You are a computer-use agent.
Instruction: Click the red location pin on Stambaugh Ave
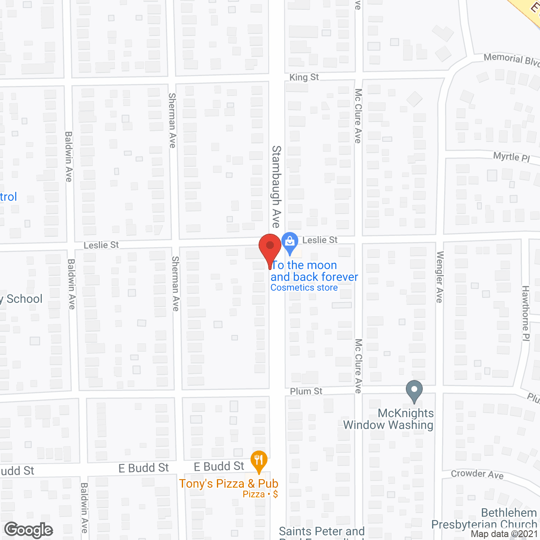270,247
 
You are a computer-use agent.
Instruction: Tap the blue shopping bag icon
290,242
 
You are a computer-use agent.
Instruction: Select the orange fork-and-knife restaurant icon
259,460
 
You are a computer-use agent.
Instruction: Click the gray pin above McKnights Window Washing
414,390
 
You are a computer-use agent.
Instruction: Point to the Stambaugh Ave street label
276,186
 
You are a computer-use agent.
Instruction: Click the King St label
304,77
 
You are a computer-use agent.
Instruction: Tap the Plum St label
306,391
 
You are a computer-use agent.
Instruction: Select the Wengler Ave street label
440,277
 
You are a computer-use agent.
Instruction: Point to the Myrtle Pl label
511,157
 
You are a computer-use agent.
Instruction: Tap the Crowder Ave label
477,474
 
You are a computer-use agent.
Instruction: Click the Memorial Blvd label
511,59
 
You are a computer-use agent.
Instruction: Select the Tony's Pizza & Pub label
229,483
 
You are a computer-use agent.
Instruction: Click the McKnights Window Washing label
389,419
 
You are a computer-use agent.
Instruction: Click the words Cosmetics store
304,288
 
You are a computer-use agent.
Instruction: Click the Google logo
29,530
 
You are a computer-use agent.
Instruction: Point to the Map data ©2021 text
505,534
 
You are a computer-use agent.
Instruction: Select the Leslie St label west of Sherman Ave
101,245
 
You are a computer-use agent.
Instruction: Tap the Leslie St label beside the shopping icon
320,240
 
